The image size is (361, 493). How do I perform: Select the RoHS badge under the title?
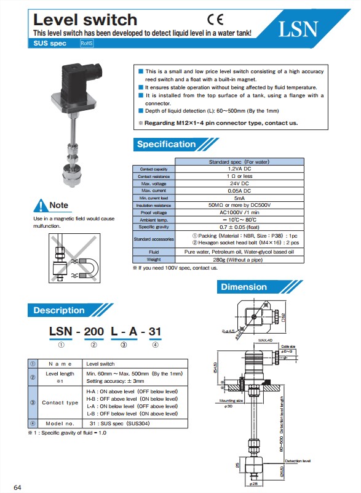(x=87, y=43)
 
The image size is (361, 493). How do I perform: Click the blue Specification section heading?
(x=166, y=145)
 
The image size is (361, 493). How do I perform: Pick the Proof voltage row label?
(x=154, y=212)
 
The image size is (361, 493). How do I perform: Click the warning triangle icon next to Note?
(x=40, y=205)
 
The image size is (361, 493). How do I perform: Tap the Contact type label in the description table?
(x=60, y=403)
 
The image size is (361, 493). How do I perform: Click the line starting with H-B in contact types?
(x=132, y=399)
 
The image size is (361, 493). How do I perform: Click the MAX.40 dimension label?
(x=266, y=340)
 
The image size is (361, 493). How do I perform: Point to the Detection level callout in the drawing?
(x=297, y=460)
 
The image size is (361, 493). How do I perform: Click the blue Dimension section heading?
(x=244, y=287)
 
